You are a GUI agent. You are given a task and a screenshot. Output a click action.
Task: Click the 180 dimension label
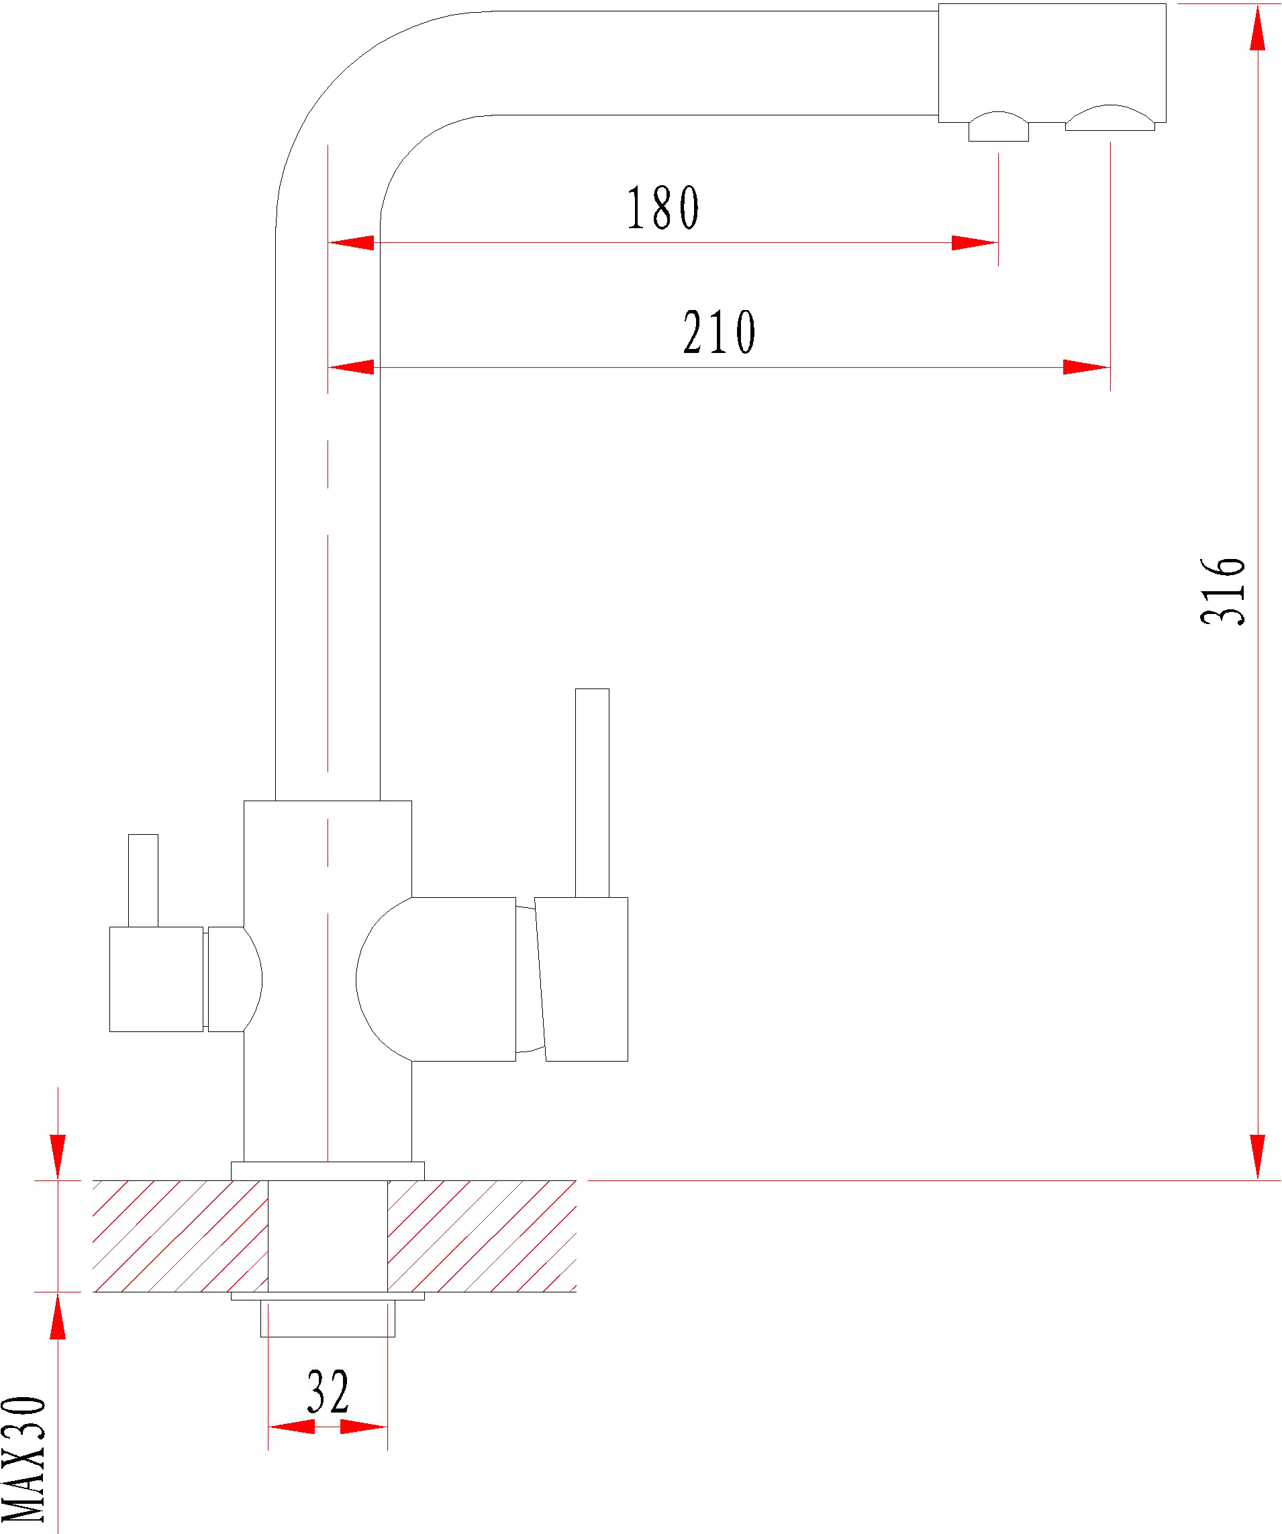[x=662, y=207]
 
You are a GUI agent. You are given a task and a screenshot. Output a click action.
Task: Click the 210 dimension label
[x=720, y=332]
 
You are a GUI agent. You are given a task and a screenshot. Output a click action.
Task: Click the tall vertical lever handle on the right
[x=592, y=792]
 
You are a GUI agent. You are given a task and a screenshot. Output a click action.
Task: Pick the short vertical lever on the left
[x=143, y=881]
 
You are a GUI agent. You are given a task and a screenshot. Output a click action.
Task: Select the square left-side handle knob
[x=156, y=980]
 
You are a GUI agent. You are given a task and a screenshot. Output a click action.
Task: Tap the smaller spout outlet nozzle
[x=999, y=127]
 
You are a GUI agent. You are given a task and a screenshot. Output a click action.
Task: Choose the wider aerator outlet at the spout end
[x=1110, y=118]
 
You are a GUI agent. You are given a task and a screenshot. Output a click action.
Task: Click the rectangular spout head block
[x=1052, y=63]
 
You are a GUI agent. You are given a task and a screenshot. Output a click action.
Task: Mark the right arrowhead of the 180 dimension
[x=975, y=242]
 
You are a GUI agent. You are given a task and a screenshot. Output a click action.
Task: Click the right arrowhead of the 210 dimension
[x=1087, y=366]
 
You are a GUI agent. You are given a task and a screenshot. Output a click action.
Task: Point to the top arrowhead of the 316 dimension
[x=1257, y=27]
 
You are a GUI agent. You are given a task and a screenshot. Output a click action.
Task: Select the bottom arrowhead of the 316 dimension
[x=1257, y=1156]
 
